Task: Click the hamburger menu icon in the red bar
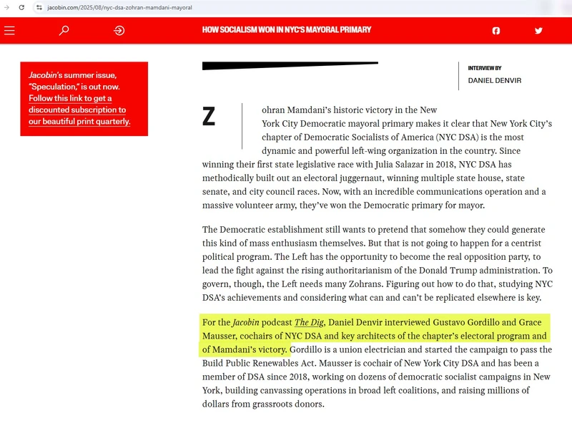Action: (9, 31)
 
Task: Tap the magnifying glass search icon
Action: (64, 31)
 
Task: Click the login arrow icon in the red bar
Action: (119, 31)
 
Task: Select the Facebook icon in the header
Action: (496, 31)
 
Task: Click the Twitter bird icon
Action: (538, 31)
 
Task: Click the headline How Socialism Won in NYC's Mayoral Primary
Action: (287, 30)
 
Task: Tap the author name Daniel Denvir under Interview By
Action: (495, 81)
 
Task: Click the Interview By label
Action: (485, 68)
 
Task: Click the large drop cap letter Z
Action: (209, 117)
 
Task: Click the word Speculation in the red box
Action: (54, 87)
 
